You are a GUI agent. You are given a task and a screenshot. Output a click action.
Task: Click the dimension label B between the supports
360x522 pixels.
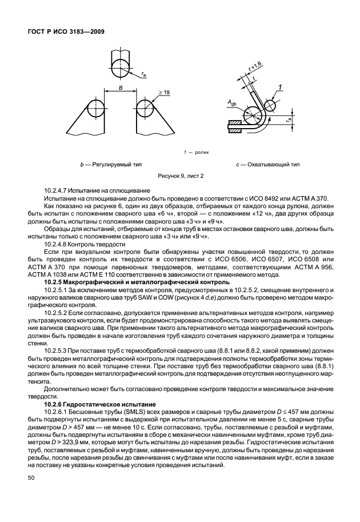(x=121, y=87)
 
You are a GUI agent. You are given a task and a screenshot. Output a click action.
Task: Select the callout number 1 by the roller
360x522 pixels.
(x=281, y=87)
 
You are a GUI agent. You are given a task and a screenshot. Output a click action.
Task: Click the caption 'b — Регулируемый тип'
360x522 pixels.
(x=111, y=165)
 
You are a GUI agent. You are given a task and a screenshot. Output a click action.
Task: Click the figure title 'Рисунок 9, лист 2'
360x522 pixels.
(x=180, y=176)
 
